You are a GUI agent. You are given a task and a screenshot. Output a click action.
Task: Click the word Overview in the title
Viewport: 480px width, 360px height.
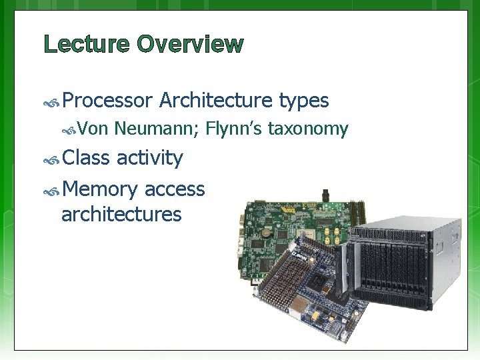190,45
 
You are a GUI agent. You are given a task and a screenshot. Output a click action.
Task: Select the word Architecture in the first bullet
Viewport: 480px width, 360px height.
216,101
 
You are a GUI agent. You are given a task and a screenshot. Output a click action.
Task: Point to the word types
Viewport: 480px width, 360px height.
304,101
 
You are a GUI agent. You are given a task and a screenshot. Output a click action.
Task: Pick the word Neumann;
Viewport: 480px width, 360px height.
157,129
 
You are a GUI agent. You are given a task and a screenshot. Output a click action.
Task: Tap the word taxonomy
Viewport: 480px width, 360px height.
307,129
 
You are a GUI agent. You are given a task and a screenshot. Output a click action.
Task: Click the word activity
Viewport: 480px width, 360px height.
149,158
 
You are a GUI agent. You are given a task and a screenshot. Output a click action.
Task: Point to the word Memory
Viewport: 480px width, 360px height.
100,189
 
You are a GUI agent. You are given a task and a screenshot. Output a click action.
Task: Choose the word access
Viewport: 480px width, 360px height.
175,189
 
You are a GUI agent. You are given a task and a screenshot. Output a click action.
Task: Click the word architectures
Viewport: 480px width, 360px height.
121,214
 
